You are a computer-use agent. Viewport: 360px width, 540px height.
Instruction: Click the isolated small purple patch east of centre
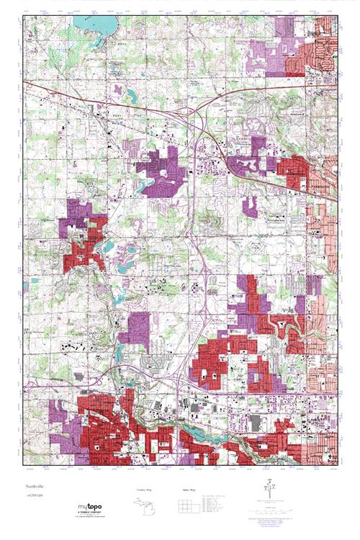click(249, 206)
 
